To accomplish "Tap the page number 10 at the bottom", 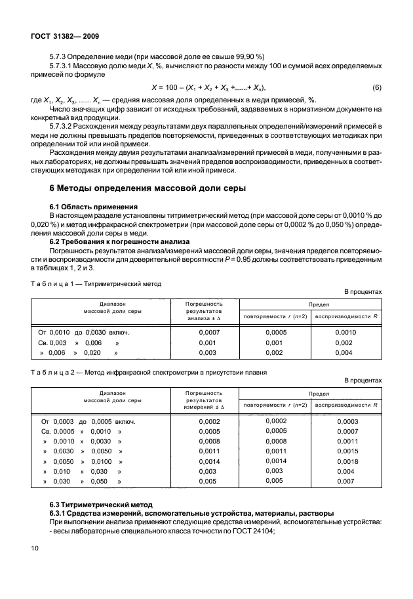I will (35, 546).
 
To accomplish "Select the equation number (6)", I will (376, 88).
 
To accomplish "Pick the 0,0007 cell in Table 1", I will (207, 333).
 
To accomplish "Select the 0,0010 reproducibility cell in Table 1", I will (345, 333).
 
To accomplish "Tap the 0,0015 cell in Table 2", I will (347, 452).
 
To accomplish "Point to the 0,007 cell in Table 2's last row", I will (345, 482).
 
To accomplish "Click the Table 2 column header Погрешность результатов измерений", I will (205, 399).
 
